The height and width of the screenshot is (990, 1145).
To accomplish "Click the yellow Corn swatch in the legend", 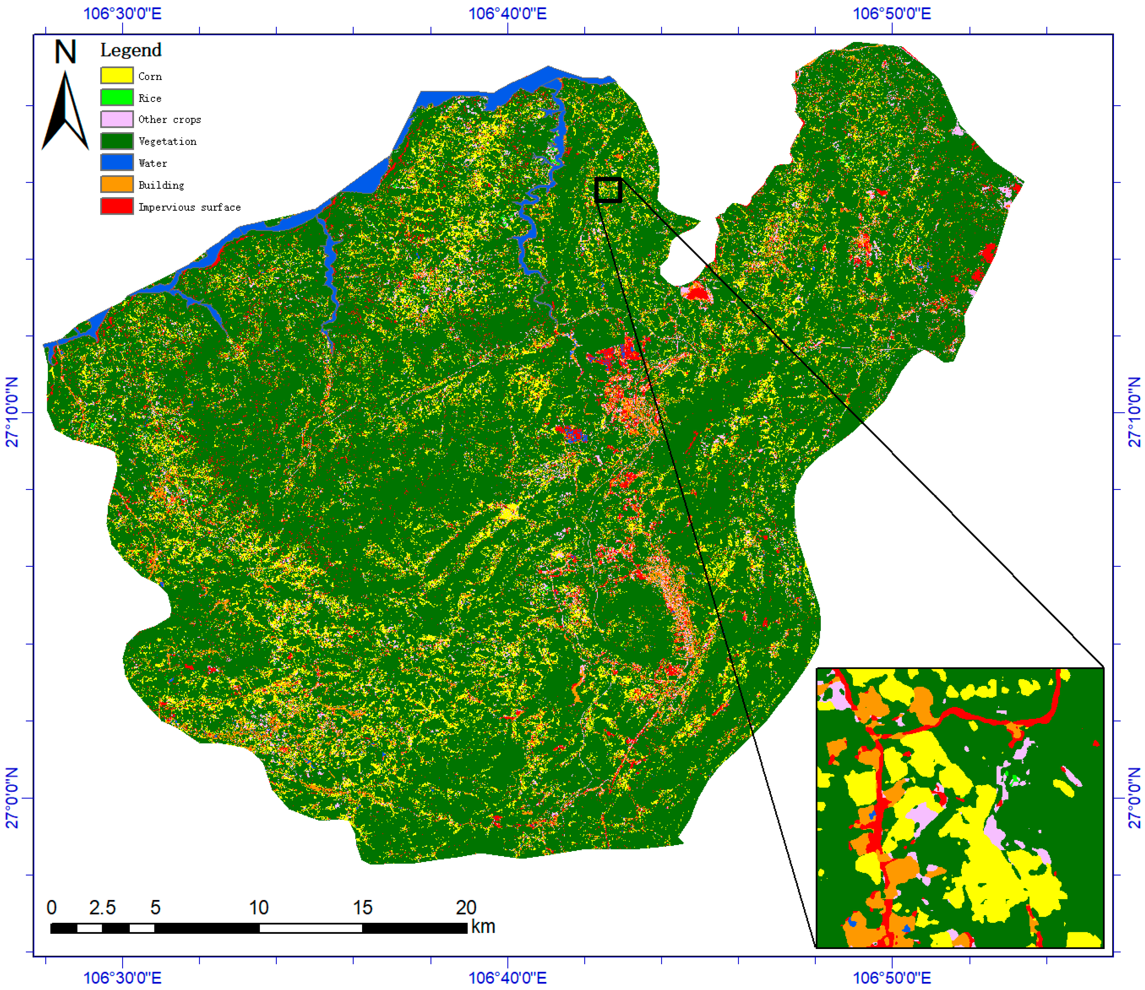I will [x=117, y=75].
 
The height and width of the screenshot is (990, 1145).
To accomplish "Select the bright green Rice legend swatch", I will [x=117, y=97].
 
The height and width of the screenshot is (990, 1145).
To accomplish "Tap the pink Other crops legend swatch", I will [x=117, y=119].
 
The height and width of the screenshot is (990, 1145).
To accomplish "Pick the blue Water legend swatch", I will [x=117, y=162].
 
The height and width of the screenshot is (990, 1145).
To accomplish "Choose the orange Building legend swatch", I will [x=117, y=184].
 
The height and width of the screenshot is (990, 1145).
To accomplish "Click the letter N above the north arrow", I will [x=65, y=52].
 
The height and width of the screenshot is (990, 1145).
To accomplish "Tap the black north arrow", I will [x=65, y=113].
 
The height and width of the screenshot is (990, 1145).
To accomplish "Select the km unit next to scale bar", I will [x=483, y=926].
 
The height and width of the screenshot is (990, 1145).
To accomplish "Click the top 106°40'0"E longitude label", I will [x=507, y=13].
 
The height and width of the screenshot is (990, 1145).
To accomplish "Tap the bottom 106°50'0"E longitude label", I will [x=892, y=978].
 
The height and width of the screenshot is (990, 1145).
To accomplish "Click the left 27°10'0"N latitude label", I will [x=12, y=412].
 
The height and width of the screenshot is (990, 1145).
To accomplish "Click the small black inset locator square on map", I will [x=608, y=190].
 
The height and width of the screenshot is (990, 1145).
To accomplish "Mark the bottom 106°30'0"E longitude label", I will [x=122, y=978].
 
